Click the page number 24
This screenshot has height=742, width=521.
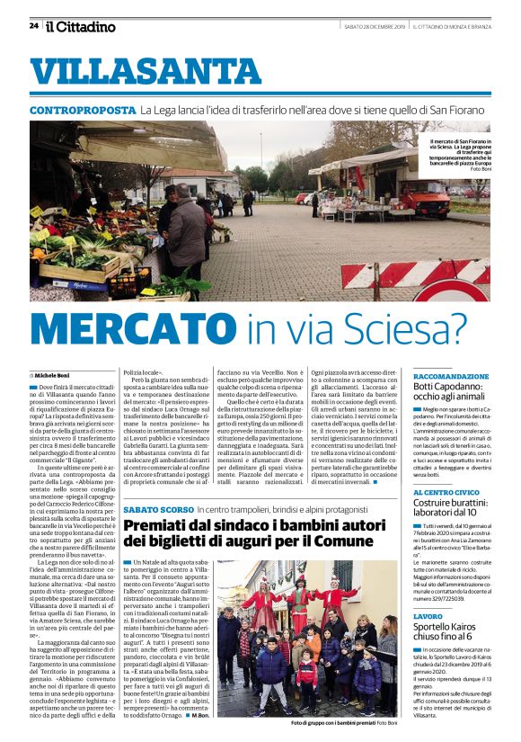(x=33, y=25)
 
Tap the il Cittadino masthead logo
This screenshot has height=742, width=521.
(x=82, y=26)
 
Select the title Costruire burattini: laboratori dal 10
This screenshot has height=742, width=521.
(x=455, y=513)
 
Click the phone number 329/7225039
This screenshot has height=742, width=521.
(x=443, y=594)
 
